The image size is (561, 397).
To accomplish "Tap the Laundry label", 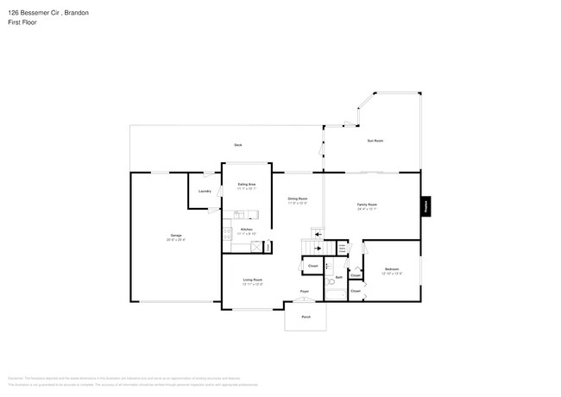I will tap(205, 191).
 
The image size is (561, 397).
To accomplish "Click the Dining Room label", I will tap(298, 200).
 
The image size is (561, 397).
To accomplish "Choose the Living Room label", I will tap(252, 280).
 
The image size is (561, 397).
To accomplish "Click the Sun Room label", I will tap(375, 140).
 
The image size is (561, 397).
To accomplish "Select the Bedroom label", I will tap(392, 271).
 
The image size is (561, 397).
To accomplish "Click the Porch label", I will tap(306, 318).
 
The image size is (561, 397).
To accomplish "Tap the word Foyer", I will tap(305, 292).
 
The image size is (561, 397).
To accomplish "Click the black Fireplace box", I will tap(425, 206).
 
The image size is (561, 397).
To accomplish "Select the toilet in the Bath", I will tap(331, 282).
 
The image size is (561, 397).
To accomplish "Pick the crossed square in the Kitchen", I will tap(255, 246).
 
